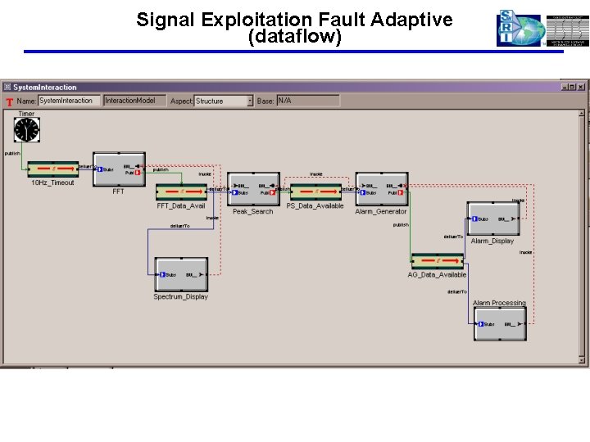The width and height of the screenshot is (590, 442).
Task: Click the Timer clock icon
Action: click(x=27, y=129)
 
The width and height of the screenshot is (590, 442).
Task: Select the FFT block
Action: click(x=119, y=169)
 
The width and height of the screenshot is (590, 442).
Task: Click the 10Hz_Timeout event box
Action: click(x=53, y=169)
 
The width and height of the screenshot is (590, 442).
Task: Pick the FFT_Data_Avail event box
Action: click(x=181, y=192)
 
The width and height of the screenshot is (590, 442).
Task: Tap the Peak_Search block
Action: click(x=253, y=189)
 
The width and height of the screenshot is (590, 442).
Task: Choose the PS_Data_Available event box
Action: click(x=315, y=192)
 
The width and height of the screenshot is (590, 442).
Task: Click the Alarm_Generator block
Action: click(x=381, y=189)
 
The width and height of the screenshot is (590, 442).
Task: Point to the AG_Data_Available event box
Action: click(x=437, y=261)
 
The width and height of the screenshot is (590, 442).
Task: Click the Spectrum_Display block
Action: click(x=181, y=274)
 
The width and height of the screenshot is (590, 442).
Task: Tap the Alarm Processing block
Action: click(x=500, y=324)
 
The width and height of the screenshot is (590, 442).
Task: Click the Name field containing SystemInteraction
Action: click(x=70, y=101)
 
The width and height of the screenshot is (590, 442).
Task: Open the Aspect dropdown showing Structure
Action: click(x=224, y=101)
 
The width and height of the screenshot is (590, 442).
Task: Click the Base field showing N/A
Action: click(x=307, y=101)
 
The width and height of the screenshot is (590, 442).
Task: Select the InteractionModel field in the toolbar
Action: click(x=133, y=101)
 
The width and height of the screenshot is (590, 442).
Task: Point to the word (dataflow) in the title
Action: click(x=294, y=37)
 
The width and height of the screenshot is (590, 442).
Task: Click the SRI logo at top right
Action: click(x=519, y=29)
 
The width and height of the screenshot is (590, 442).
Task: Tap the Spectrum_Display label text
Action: click(x=180, y=297)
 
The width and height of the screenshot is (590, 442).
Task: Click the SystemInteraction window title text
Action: click(x=45, y=87)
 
